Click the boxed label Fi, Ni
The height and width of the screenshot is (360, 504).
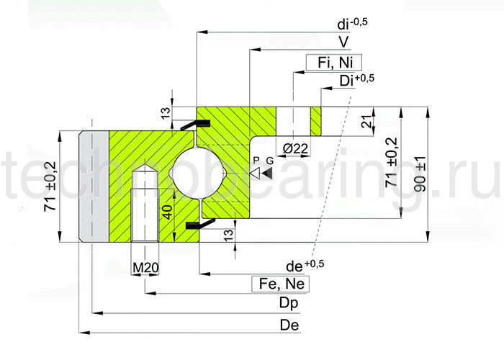(x=333, y=63)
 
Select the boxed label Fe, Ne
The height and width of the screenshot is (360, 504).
(x=280, y=284)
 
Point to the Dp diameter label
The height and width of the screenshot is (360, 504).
(x=289, y=304)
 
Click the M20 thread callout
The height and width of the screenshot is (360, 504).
(x=146, y=268)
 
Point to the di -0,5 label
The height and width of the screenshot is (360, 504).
(x=351, y=23)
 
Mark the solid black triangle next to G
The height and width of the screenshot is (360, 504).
(x=268, y=174)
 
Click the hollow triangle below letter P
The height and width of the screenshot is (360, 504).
(x=255, y=174)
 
